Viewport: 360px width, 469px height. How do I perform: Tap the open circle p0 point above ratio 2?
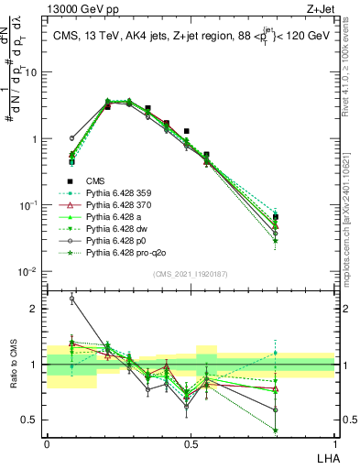click(x=72, y=299)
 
